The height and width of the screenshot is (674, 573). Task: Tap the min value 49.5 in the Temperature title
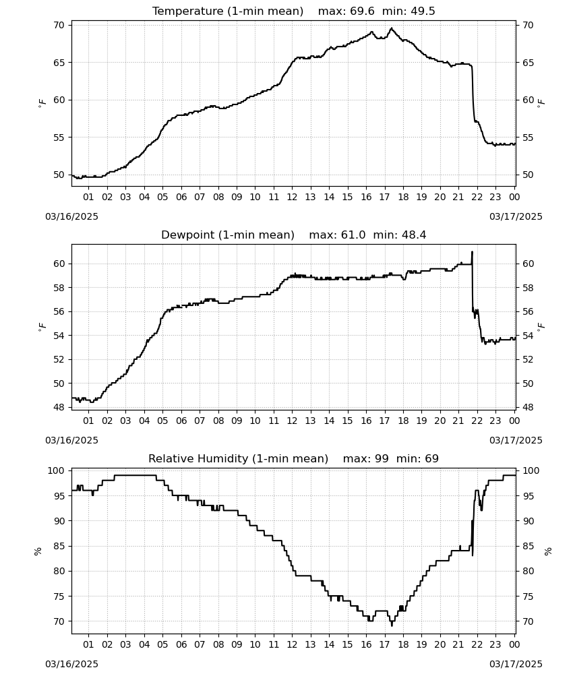pyautogui.click(x=423, y=11)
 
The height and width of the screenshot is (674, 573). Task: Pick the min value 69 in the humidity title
pyautogui.click(x=431, y=459)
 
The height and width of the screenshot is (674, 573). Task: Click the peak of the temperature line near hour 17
pyautogui.click(x=391, y=28)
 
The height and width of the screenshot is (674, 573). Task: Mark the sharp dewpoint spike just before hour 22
pyautogui.click(x=472, y=252)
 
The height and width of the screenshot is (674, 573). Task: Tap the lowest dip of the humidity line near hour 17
pyautogui.click(x=392, y=625)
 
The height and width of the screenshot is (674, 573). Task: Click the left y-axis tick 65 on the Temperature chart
pyautogui.click(x=59, y=63)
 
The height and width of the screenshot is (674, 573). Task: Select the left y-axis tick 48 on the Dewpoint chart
pyautogui.click(x=59, y=408)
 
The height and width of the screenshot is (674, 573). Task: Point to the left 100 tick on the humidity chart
pyautogui.click(x=56, y=471)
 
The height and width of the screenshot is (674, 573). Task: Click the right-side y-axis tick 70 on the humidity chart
pyautogui.click(x=528, y=621)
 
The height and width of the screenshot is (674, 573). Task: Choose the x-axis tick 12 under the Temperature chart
pyautogui.click(x=292, y=197)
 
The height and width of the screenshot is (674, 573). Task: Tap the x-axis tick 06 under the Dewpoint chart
pyautogui.click(x=181, y=421)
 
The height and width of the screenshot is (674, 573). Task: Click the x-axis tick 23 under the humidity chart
pyautogui.click(x=495, y=644)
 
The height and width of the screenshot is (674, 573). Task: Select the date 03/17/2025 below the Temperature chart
pyautogui.click(x=516, y=216)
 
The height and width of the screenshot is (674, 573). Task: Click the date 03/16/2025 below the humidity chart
pyautogui.click(x=71, y=664)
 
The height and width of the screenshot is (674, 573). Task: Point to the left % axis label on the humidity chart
pyautogui.click(x=38, y=551)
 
